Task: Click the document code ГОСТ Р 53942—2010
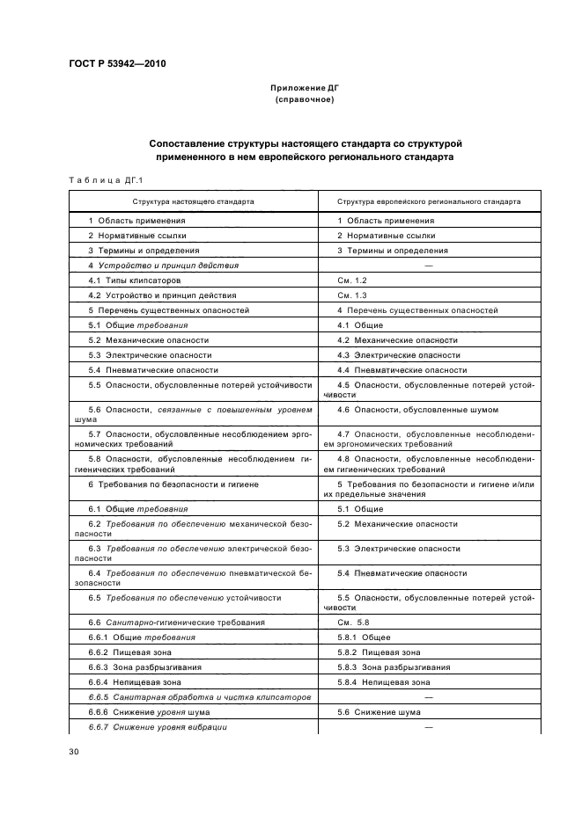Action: [x=117, y=64]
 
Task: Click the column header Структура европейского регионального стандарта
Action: [x=429, y=201]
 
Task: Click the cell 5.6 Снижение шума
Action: [x=377, y=711]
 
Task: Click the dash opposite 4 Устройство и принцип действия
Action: [x=428, y=265]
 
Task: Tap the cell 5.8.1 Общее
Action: [x=365, y=637]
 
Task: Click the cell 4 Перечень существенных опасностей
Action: [x=418, y=310]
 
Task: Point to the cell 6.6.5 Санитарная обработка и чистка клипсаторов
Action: [x=199, y=696]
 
